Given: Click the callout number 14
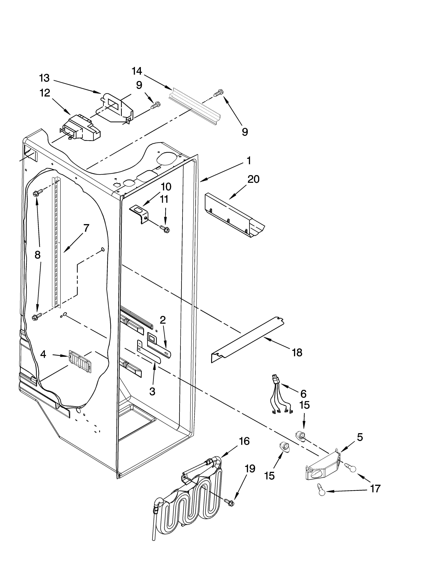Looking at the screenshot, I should point(137,71).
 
